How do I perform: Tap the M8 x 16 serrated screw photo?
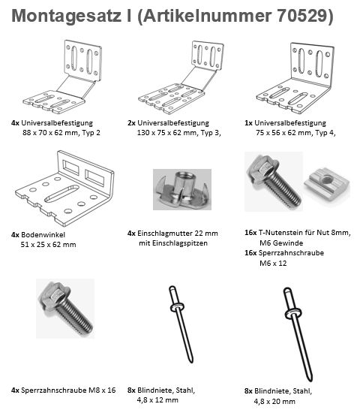pyautogui.click(x=65, y=307)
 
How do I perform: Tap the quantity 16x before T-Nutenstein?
pyautogui.click(x=253, y=233)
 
